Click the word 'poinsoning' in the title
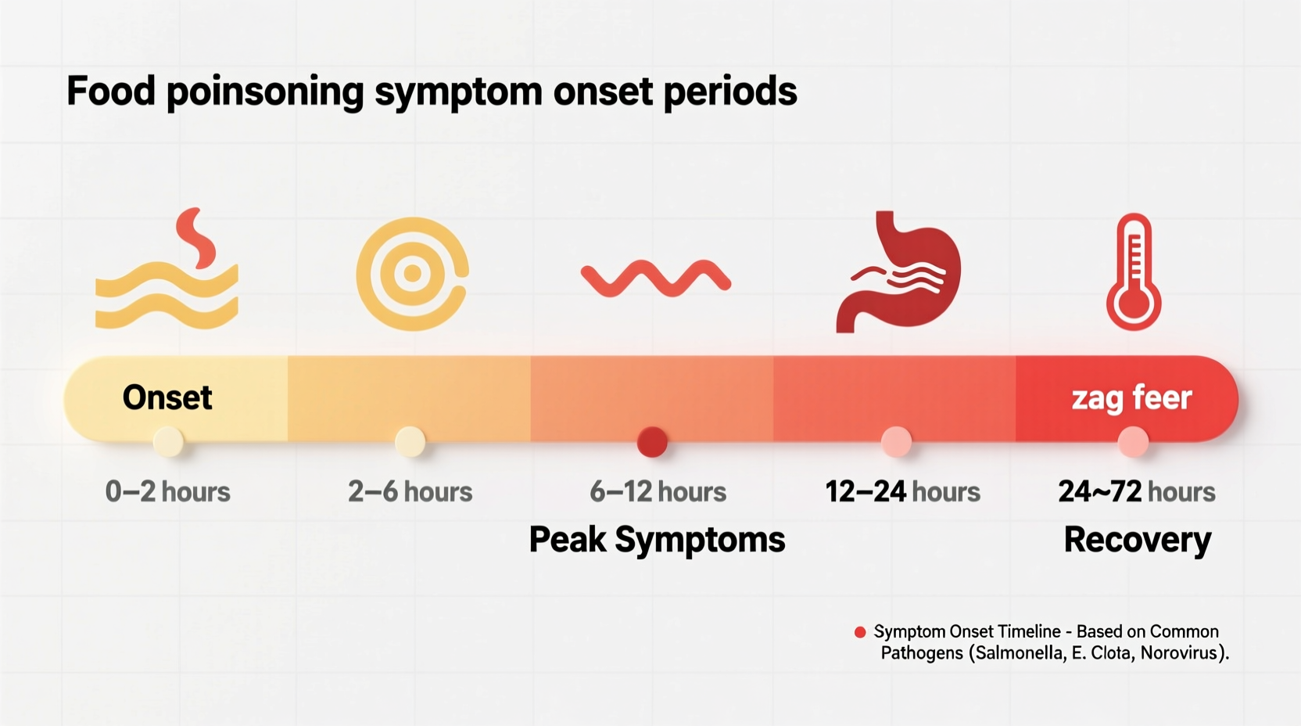264,92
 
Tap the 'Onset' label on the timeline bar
167,397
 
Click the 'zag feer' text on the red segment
1131,398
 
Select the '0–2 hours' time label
167,492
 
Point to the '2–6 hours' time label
410,492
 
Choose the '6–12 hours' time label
658,492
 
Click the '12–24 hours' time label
902,492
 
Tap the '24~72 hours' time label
1136,492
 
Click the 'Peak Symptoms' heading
657,540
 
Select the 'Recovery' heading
1137,540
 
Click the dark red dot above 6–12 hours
652,442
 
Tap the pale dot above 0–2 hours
168,442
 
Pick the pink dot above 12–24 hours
896,442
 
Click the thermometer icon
1133,272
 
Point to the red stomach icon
899,272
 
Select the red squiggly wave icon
655,279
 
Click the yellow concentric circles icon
412,273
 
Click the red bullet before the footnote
860,632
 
